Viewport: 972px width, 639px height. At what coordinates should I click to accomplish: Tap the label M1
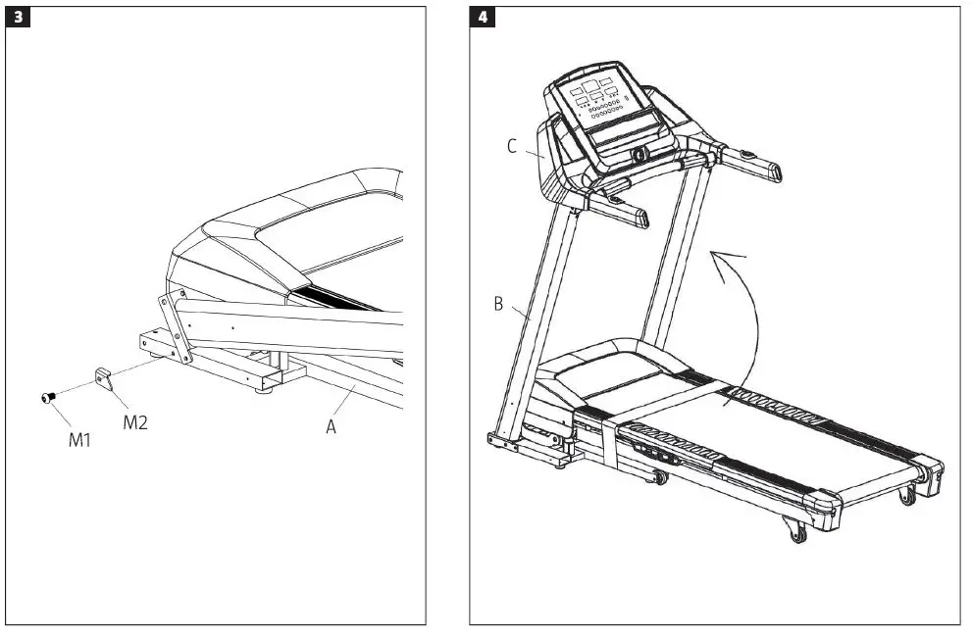pyautogui.click(x=79, y=440)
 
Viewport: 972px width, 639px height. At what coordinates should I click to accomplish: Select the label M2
pyautogui.click(x=135, y=423)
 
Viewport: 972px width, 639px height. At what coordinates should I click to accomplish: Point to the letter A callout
pyautogui.click(x=331, y=427)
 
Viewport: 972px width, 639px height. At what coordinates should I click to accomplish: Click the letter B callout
pyautogui.click(x=498, y=305)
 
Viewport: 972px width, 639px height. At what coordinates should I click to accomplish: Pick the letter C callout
pyautogui.click(x=512, y=146)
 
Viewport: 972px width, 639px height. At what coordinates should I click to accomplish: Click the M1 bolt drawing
pyautogui.click(x=46, y=397)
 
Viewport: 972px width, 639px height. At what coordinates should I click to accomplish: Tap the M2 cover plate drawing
pyautogui.click(x=105, y=374)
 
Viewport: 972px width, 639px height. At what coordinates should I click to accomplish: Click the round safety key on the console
pyautogui.click(x=639, y=154)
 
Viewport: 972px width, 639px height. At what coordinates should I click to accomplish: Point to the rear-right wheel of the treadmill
pyautogui.click(x=907, y=494)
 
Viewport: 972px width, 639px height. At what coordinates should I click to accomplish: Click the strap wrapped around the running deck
pyautogui.click(x=610, y=441)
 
